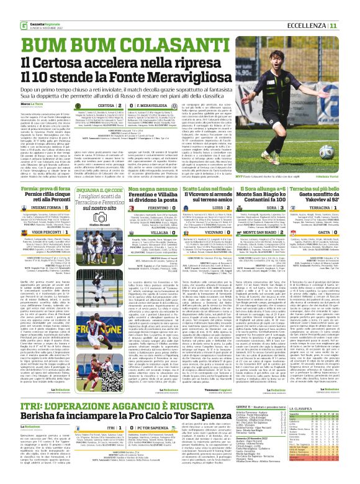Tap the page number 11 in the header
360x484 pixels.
(350, 8)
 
